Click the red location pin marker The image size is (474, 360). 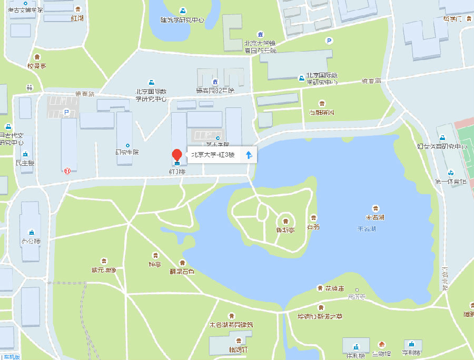177,155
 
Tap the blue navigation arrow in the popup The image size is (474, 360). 249,154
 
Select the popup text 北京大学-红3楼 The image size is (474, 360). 212,155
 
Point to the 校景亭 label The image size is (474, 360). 37,65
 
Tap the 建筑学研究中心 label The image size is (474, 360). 182,20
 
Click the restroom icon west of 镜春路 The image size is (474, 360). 30,87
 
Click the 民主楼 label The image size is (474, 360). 25,163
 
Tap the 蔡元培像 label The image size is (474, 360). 103,270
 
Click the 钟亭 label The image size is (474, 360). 154,264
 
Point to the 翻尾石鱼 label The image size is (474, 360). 182,271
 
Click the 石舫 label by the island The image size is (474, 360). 313,227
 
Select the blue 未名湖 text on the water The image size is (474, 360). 367,229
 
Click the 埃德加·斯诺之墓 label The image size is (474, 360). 321,316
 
